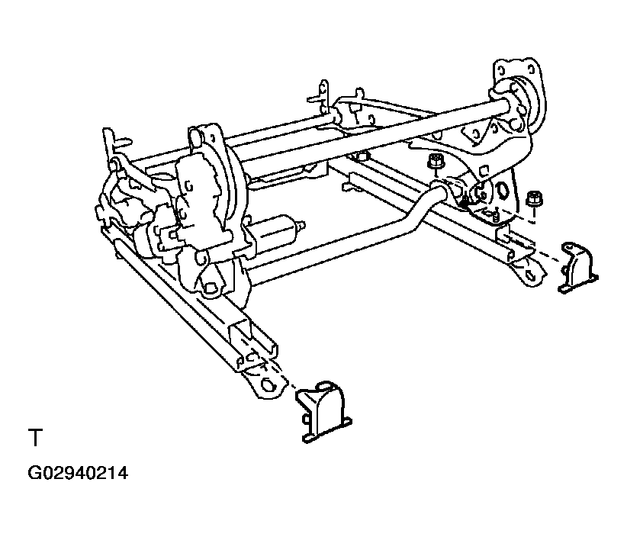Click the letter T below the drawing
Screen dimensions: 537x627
click(x=35, y=439)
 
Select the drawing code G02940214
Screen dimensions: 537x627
click(x=78, y=474)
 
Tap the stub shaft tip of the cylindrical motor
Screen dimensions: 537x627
click(x=304, y=225)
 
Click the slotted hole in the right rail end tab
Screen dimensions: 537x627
click(x=531, y=268)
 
